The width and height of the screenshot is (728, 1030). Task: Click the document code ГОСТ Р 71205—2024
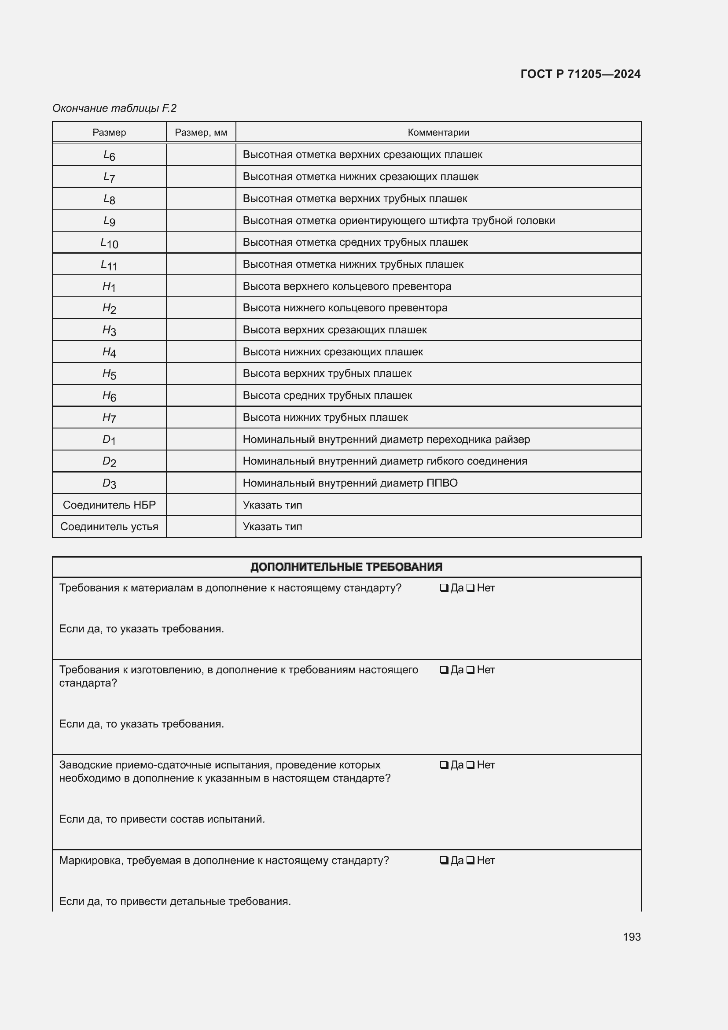(580, 74)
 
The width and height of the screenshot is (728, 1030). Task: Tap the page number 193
(631, 937)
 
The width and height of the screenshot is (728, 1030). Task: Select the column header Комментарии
(438, 133)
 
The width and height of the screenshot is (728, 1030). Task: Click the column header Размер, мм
(201, 133)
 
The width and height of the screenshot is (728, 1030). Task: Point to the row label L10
(109, 243)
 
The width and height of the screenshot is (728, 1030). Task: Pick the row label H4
(109, 352)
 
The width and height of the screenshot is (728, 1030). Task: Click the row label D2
(109, 461)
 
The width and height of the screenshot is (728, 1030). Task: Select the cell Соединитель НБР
(109, 505)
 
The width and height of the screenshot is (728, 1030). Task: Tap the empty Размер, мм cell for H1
(201, 286)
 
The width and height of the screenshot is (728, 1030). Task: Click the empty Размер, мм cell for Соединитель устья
(201, 527)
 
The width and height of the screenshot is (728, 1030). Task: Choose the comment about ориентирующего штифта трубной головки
(398, 221)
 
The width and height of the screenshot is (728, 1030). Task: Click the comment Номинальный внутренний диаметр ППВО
(349, 483)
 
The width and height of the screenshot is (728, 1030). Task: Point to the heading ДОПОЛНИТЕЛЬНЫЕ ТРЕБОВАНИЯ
(346, 567)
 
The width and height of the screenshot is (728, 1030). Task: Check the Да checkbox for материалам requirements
(444, 588)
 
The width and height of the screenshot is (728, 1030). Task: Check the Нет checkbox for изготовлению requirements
(470, 670)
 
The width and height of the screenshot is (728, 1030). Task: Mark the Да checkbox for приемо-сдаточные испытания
(444, 765)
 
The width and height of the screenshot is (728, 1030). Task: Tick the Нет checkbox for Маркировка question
(470, 861)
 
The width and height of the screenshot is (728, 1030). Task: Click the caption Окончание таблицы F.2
(114, 108)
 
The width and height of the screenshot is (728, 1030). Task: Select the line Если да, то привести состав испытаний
(162, 819)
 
